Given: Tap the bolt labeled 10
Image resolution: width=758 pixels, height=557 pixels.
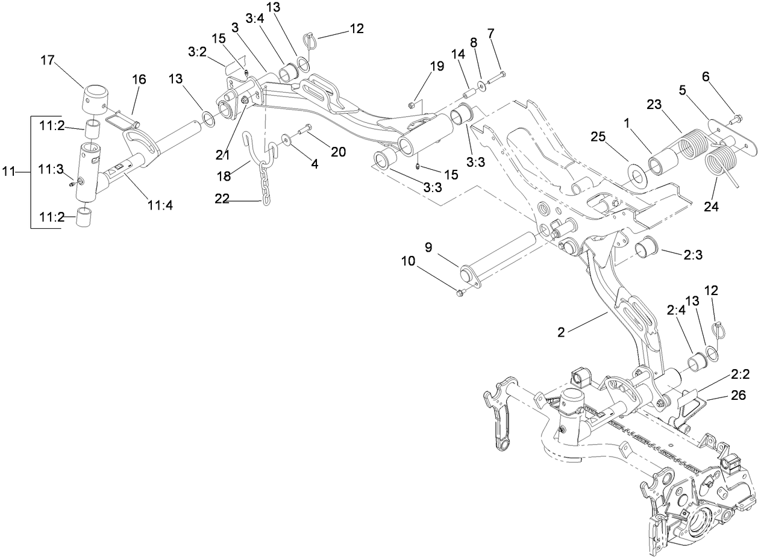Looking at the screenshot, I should pos(462,293).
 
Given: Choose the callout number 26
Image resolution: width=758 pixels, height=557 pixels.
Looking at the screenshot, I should pos(738,396).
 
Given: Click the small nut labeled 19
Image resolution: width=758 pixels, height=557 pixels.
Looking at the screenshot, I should pos(411,105).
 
